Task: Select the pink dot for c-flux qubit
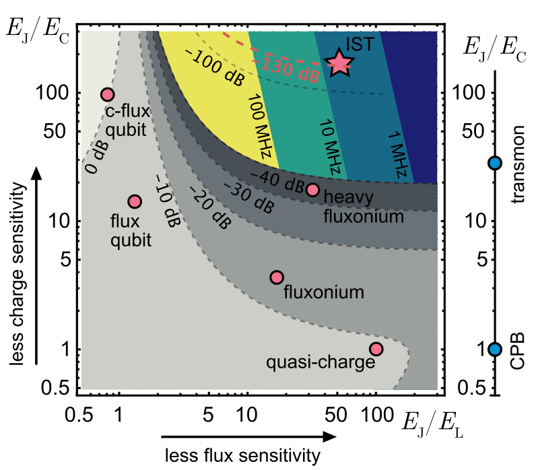(x=107, y=95)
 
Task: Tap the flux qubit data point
(x=134, y=201)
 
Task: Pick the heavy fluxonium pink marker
(x=312, y=190)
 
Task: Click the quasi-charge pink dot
(x=376, y=349)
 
